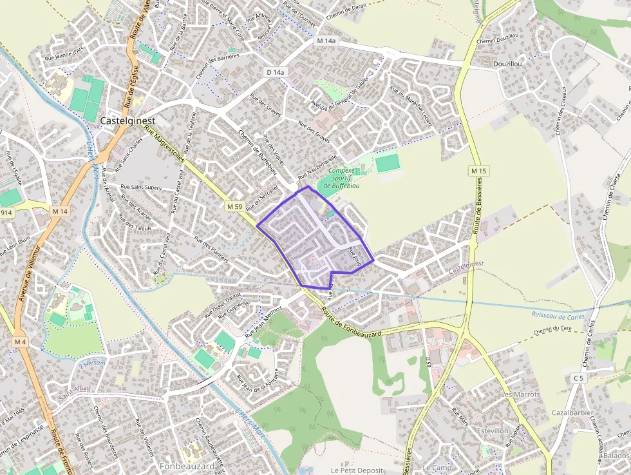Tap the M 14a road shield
(326, 41)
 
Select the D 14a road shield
(275, 73)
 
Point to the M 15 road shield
(477, 171)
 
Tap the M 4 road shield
(20, 341)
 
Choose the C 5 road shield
(578, 378)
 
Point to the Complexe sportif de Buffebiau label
(344, 178)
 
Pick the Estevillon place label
(493, 431)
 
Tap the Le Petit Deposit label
(357, 470)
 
